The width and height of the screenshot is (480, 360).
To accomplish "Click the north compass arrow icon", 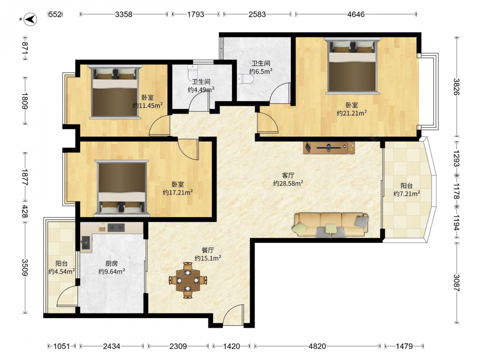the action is coord(30,19).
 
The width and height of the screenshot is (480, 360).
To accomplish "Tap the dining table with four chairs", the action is coord(188,280).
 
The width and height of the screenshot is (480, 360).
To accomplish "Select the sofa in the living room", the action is coord(331,225).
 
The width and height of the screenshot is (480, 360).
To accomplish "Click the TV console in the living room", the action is coord(329,148).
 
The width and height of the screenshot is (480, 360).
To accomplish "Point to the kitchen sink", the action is coord(86,244).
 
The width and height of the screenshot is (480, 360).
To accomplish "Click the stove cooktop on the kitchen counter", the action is coord(116,228).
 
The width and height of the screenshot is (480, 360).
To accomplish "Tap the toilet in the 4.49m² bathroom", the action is coord(192,72).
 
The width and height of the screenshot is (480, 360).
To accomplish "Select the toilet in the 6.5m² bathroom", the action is coord(245,80).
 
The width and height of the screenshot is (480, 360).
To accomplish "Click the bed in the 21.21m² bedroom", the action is coord(352,65).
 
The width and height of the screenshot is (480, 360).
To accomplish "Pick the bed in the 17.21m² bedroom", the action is coord(121,188).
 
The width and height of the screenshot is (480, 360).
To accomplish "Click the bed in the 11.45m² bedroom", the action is coord(115,92).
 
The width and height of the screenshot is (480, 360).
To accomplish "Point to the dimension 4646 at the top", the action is coord(356,14).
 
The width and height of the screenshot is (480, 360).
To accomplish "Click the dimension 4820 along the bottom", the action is coord(317,346).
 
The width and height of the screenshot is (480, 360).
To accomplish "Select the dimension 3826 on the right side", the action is coord(456,87).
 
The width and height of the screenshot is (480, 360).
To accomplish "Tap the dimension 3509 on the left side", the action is coord(25,267).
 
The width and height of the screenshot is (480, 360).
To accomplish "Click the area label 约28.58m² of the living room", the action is coord(288,183).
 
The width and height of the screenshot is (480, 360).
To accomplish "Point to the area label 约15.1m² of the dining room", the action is coord(208,258).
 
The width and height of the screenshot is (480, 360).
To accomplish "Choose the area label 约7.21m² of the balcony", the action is coord(407,193).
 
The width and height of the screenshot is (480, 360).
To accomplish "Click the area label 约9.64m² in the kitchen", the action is coord(111,271).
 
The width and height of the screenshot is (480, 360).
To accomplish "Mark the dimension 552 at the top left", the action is coord(55,14).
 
